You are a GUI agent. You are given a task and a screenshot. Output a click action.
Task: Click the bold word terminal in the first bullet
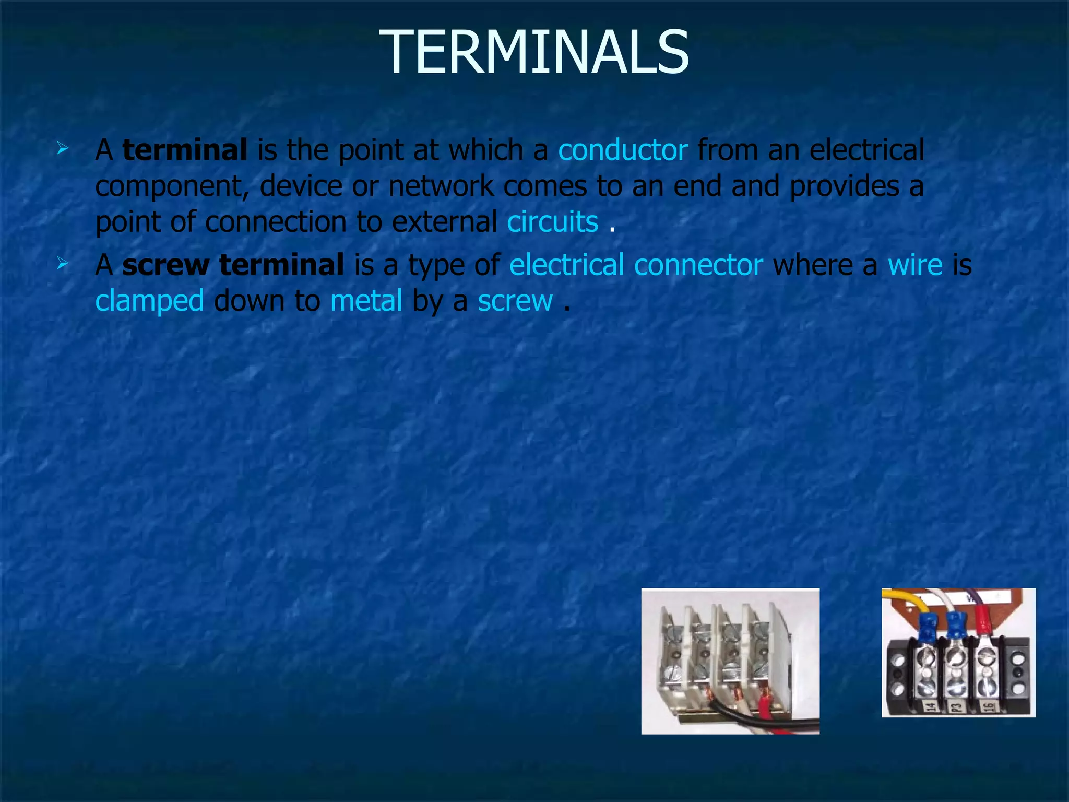tap(185, 150)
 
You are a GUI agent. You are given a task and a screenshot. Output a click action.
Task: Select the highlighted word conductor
tap(623, 150)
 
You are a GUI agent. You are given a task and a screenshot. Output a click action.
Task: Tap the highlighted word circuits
tap(552, 222)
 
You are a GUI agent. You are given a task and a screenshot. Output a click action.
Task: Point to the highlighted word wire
tap(915, 265)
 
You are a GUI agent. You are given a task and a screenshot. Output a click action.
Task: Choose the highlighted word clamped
tap(149, 301)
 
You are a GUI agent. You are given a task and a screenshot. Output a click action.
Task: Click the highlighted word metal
tap(366, 301)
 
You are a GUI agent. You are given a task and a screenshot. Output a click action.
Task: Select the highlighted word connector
tap(698, 265)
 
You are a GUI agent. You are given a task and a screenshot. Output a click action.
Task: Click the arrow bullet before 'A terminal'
tap(63, 149)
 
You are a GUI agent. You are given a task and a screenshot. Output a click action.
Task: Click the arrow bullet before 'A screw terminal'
tap(63, 264)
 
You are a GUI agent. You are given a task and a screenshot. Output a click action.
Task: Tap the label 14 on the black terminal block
tap(930, 707)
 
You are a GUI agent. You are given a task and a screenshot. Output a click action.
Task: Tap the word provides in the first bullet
tap(844, 186)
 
